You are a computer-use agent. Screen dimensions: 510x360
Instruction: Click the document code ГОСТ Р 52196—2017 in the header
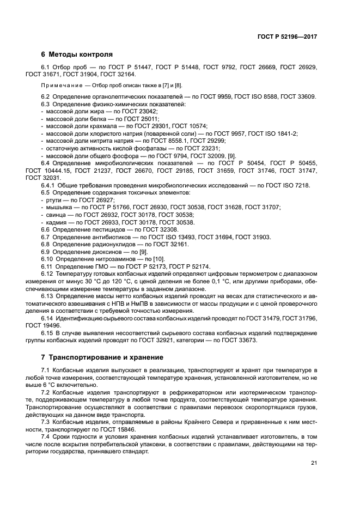pos(287,36)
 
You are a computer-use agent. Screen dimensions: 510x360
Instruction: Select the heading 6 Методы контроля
pos(77,54)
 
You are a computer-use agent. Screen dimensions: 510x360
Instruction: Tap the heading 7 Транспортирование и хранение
pos(102,357)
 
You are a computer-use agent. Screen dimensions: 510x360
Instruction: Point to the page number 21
pos(314,463)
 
